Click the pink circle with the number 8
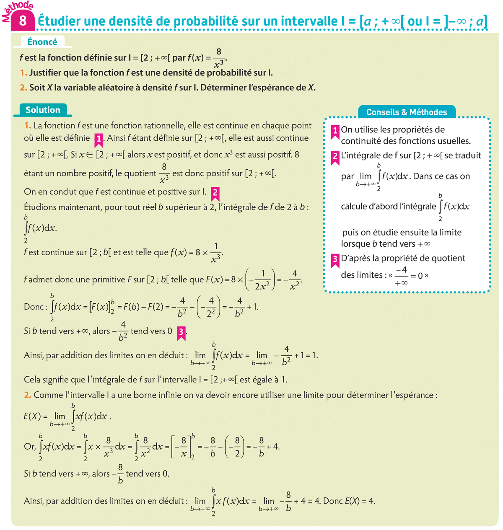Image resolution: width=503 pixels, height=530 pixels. point(23,21)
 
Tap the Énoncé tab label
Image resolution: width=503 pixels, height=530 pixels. point(42,42)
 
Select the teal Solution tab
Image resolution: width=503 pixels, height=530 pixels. point(43,110)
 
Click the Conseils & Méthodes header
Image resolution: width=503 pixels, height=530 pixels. point(407,112)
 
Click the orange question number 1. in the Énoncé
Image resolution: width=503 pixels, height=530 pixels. point(23,73)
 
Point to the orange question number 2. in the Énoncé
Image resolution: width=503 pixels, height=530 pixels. point(23,88)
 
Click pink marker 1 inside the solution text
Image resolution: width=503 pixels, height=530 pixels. point(99,139)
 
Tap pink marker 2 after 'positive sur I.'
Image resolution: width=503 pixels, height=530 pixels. point(215,193)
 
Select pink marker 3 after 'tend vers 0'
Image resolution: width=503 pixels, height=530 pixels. point(181,332)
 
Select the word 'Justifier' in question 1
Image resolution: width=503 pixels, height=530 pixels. point(45,73)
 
